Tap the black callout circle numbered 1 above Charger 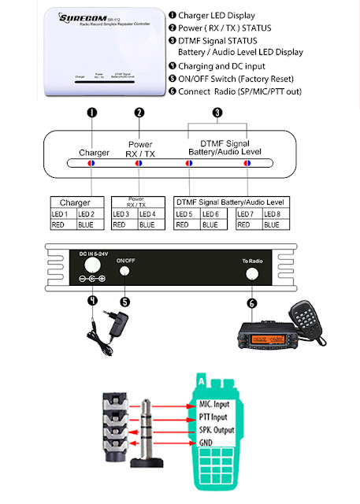[x=91, y=113]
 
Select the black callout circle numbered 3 [x=217, y=113]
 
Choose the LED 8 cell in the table [x=276, y=214]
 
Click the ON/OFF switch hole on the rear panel [x=124, y=272]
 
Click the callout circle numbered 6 [x=252, y=303]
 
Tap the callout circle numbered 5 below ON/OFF [x=124, y=301]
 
